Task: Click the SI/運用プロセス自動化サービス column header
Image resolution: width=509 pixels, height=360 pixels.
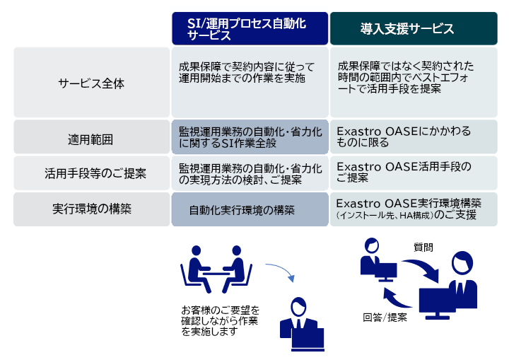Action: coord(250,28)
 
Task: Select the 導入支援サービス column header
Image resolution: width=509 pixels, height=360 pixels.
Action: coord(414,28)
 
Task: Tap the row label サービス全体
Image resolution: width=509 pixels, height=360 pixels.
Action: coord(91,83)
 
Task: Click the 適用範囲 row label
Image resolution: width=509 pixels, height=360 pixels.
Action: coord(90,140)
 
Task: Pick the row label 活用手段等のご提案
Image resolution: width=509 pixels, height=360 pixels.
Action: coord(95,173)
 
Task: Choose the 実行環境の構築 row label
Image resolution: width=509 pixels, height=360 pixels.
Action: coord(92,209)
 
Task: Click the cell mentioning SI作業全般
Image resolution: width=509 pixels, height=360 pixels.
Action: coord(250,137)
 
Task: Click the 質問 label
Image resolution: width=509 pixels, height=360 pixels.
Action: coord(423,248)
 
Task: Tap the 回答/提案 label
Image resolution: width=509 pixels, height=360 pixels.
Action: coord(385,317)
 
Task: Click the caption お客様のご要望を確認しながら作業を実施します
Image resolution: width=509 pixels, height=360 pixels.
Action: coord(220,320)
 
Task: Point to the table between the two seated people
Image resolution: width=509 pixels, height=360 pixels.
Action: coord(216,274)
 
